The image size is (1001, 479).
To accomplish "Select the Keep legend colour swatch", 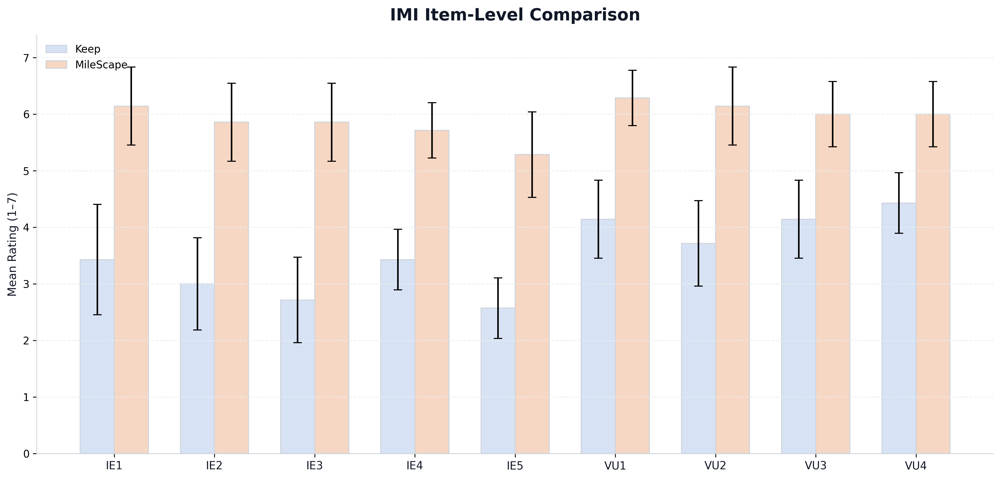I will (56, 49).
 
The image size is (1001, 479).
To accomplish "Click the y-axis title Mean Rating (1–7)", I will (12, 244).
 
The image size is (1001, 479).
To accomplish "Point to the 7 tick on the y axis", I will (26, 58).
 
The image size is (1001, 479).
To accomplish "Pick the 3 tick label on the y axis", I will (26, 284).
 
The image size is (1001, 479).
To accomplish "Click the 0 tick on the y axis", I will (26, 454).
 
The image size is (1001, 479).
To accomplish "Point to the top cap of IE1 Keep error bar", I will (97, 204).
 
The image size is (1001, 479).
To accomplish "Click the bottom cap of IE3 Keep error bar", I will (297, 342).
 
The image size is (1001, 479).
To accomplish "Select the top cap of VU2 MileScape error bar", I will (733, 67).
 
